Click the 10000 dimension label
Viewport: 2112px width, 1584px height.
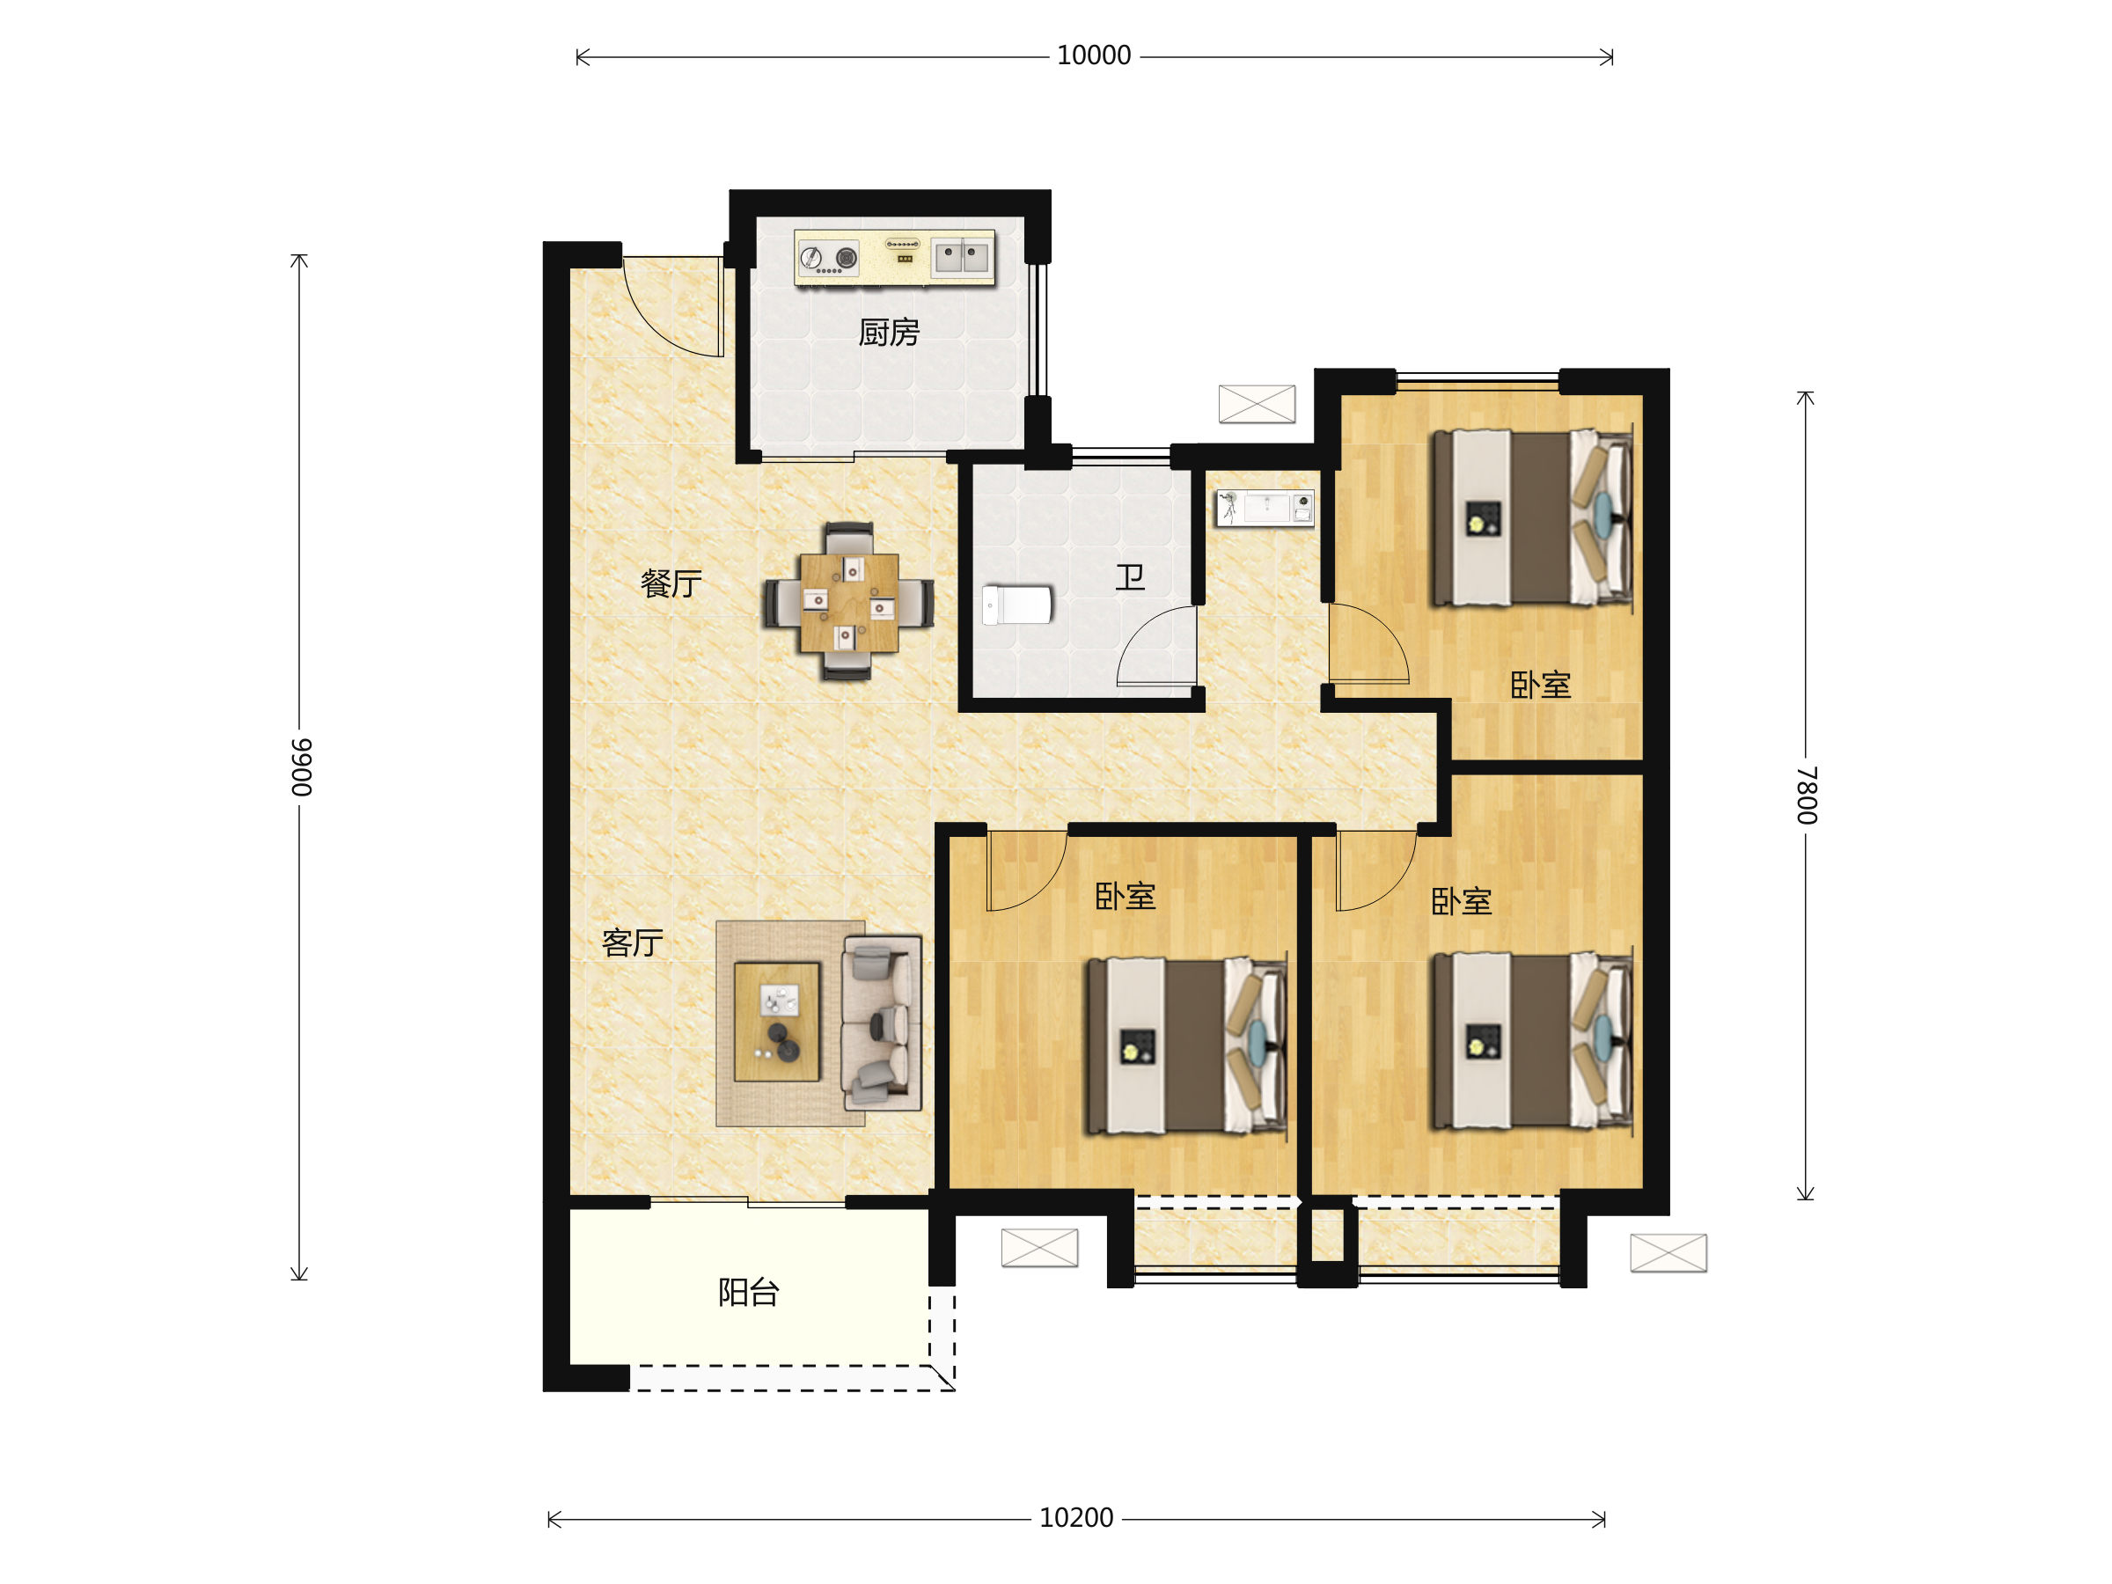click(1093, 55)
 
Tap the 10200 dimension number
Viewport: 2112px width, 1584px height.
click(1076, 1518)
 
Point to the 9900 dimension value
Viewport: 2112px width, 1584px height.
click(301, 767)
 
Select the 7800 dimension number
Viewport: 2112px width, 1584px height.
click(1807, 795)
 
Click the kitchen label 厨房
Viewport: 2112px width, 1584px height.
click(889, 333)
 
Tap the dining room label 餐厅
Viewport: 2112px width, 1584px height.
click(671, 583)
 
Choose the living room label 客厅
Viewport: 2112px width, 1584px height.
click(632, 943)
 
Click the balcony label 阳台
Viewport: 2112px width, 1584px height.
click(749, 1293)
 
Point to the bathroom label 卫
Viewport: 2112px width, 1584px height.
click(1131, 576)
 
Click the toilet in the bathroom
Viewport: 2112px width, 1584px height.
click(1017, 605)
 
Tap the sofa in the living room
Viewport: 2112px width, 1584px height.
click(881, 1023)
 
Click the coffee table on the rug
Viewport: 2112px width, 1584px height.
click(777, 1022)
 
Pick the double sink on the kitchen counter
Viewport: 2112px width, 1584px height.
click(963, 257)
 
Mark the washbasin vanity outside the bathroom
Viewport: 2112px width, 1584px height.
click(1265, 508)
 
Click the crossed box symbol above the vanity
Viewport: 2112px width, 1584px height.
click(1257, 404)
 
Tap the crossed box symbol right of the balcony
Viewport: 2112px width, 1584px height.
click(1040, 1248)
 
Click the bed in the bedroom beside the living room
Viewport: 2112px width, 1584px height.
click(1187, 1046)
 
